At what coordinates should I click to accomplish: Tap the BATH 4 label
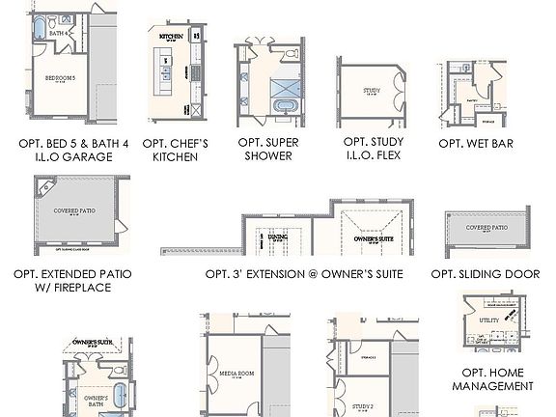click(58, 32)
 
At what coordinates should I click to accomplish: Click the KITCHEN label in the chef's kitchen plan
click(171, 37)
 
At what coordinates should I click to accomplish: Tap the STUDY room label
click(372, 92)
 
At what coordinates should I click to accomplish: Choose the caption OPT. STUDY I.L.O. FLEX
click(373, 149)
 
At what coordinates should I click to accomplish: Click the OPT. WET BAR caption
click(475, 144)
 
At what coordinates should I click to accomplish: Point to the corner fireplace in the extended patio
click(43, 185)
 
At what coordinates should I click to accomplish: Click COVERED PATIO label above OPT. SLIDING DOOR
click(486, 228)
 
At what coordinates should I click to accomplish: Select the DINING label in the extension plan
click(278, 236)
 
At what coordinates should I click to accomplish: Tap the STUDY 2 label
click(363, 406)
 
